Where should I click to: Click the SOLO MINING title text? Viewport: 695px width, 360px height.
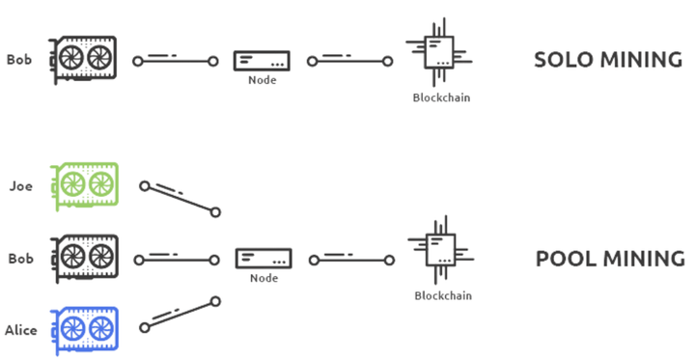click(608, 60)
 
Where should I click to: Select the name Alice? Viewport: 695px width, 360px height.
click(21, 330)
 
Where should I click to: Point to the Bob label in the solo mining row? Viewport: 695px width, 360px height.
click(19, 60)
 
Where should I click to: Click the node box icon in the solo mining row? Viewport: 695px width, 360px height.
click(261, 61)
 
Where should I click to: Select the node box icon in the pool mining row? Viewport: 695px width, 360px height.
click(263, 258)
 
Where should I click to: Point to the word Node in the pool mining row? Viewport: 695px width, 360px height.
click(263, 278)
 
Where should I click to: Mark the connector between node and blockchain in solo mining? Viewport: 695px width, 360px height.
click(350, 62)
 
